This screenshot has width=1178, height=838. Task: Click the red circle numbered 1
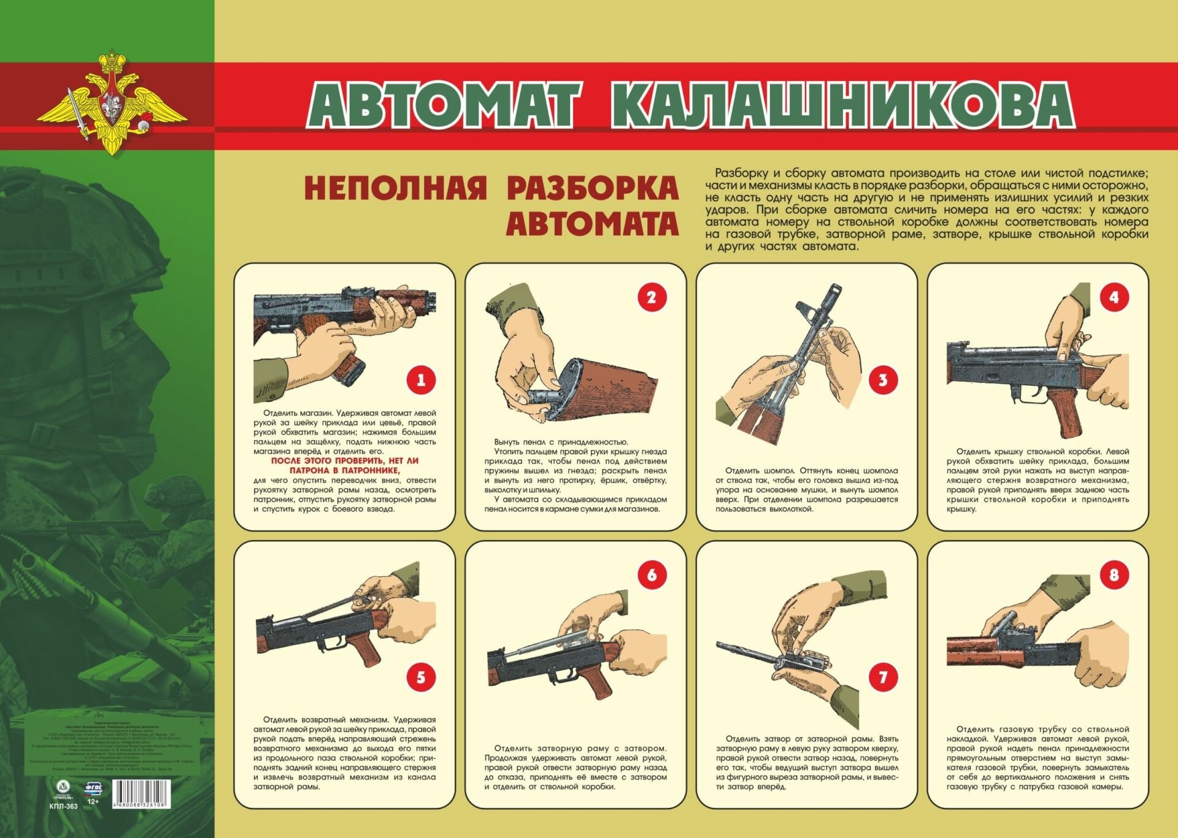421,380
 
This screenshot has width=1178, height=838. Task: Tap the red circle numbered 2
652,298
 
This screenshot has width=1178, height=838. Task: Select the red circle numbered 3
883,380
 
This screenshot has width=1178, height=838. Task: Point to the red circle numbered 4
1114,298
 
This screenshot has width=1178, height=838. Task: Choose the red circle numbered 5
421,677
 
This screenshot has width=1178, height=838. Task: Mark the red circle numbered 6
652,575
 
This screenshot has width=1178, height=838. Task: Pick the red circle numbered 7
883,677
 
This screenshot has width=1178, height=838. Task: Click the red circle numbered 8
1114,575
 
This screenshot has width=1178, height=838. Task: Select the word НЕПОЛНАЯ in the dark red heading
395,188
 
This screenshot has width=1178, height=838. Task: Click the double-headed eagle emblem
112,104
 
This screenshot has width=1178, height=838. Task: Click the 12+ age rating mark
93,801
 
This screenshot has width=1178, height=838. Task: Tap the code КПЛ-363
63,806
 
